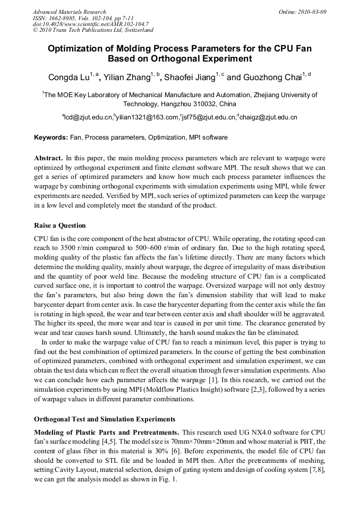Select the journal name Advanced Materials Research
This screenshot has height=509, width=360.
(x=69, y=11)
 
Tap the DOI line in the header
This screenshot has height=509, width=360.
(x=90, y=24)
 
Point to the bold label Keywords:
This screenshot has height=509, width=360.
(x=50, y=137)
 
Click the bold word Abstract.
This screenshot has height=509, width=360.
(x=48, y=158)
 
